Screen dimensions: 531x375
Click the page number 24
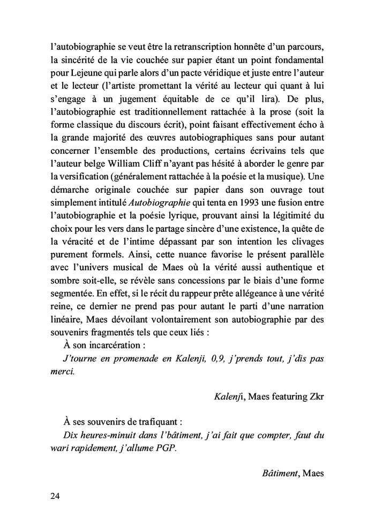point(54,496)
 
